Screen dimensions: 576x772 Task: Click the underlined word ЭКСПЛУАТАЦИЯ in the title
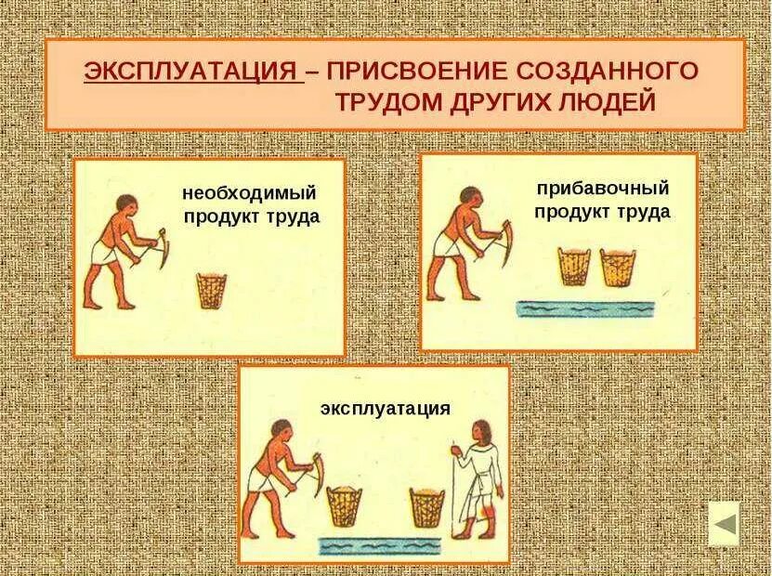pos(192,72)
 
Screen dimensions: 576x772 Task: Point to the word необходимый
pos(250,193)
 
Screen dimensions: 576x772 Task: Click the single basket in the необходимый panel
pos(212,290)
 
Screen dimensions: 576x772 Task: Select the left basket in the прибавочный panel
pos(573,268)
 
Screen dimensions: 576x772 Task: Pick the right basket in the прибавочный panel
pos(618,268)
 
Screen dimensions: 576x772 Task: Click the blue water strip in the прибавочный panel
pos(586,308)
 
